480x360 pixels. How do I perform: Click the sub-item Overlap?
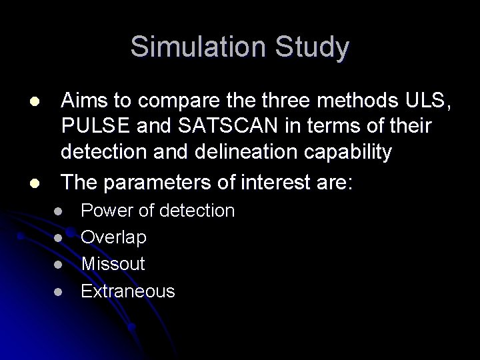point(114,237)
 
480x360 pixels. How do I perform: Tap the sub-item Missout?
point(113,263)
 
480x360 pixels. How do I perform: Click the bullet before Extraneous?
point(59,291)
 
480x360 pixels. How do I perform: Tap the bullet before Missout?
point(59,265)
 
